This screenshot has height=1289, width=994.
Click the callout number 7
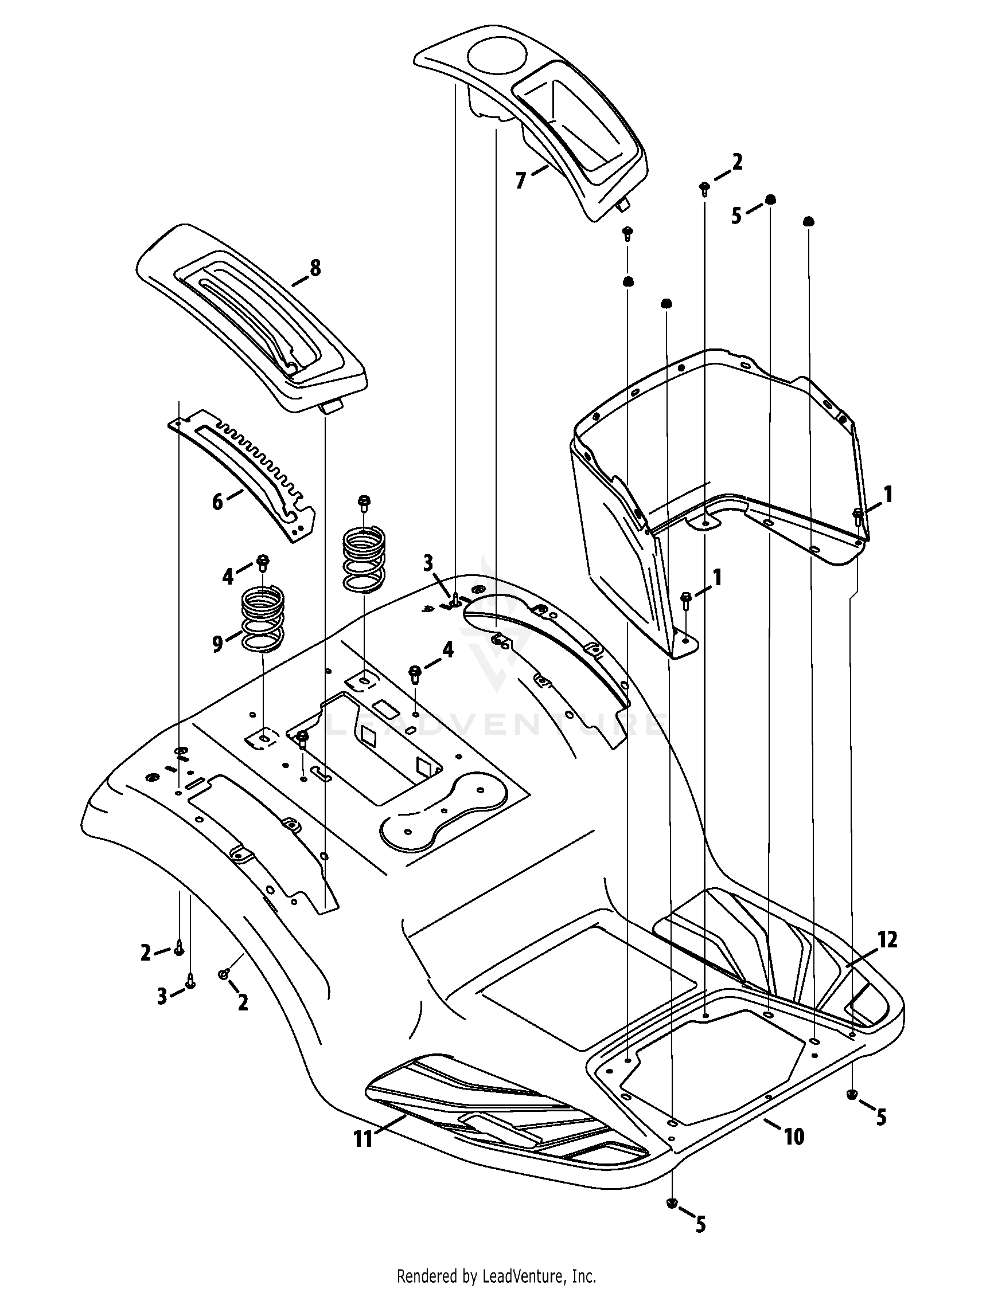pos(520,181)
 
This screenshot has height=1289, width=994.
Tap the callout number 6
pos(218,502)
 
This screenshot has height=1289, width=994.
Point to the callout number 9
pos(218,643)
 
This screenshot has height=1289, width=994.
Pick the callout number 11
pos(363,1138)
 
